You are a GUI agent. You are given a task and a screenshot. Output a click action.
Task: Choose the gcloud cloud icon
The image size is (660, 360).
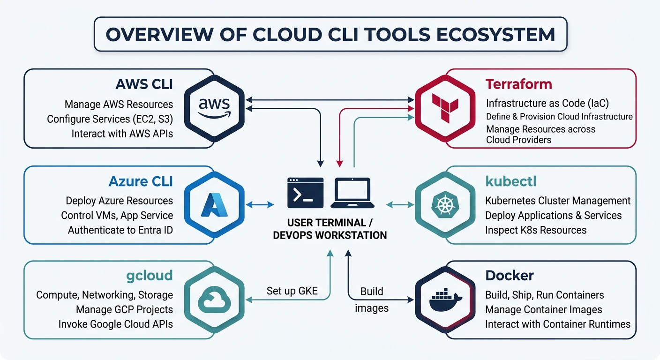coord(214,300)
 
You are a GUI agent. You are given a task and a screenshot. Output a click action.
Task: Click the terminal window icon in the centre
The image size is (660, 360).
coord(306,193)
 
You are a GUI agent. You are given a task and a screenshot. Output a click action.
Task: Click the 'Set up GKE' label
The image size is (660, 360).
coord(292,291)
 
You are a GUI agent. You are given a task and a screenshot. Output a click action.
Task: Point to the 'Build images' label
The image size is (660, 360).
coord(372,300)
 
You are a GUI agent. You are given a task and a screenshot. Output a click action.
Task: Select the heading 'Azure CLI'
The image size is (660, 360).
coord(141,181)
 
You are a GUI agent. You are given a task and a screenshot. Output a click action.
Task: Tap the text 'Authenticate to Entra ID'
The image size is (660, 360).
coord(120,230)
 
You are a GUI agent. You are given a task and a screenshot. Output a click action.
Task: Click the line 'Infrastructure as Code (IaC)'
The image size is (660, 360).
coord(547,103)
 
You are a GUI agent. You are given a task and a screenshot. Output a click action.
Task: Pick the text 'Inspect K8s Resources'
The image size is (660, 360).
coord(536,230)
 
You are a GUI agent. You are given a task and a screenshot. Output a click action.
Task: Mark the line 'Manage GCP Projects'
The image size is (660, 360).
coord(124,309)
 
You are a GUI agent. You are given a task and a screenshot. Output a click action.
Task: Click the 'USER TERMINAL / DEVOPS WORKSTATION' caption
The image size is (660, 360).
coord(330,228)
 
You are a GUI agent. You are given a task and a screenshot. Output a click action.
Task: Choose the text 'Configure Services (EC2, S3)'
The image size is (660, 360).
coord(110,119)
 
